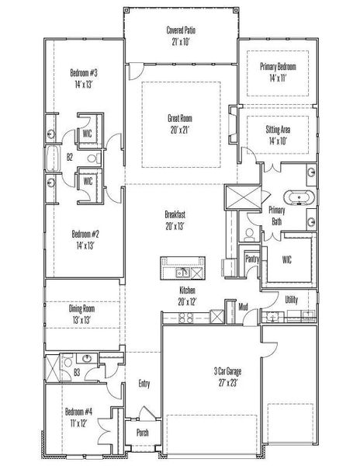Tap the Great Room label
pyautogui.click(x=180, y=123)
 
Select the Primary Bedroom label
pyautogui.click(x=278, y=72)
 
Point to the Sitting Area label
pyautogui.click(x=278, y=137)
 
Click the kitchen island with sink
pyautogui.click(x=182, y=268)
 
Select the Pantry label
pyautogui.click(x=251, y=259)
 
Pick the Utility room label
pyautogui.click(x=292, y=298)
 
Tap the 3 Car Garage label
pyautogui.click(x=210, y=376)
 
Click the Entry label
pyautogui.click(x=144, y=384)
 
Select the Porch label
pyautogui.click(x=142, y=433)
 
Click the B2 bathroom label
pyautogui.click(x=70, y=158)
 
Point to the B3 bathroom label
pyautogui.click(x=78, y=373)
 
